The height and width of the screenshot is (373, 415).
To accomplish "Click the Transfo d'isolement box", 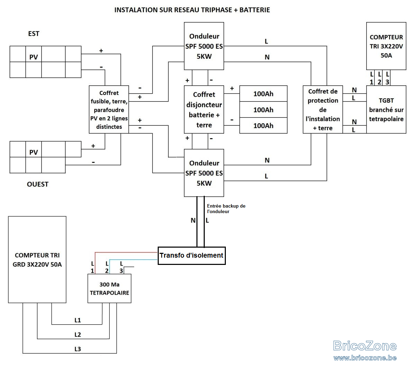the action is click(192, 256).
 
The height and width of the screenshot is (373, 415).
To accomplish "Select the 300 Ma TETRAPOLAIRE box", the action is click(109, 288).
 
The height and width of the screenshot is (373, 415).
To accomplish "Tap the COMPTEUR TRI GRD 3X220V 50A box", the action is click(37, 260).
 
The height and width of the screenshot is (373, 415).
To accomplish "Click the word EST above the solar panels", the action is click(34, 34).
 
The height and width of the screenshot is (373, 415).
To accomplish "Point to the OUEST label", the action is click(38, 184).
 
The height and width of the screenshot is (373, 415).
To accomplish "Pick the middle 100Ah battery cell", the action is click(264, 110).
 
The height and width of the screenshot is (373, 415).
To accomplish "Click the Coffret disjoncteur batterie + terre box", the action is click(204, 109).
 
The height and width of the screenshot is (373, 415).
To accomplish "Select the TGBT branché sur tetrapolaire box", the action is click(386, 109).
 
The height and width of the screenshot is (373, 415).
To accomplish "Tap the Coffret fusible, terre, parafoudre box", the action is click(109, 109).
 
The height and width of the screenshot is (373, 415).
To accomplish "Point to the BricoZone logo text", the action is click(365, 346).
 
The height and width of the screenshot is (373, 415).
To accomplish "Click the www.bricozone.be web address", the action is click(365, 358).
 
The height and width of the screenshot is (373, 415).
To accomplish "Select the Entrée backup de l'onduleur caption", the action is click(226, 209).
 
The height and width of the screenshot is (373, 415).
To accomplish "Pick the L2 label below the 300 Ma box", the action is click(77, 335).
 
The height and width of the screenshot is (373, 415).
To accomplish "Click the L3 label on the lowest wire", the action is click(77, 349).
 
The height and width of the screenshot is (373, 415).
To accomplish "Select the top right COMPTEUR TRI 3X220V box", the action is click(386, 46).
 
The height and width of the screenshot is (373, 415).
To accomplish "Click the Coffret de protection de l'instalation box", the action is click(323, 109).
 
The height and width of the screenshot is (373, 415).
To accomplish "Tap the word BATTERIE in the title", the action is click(255, 10).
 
